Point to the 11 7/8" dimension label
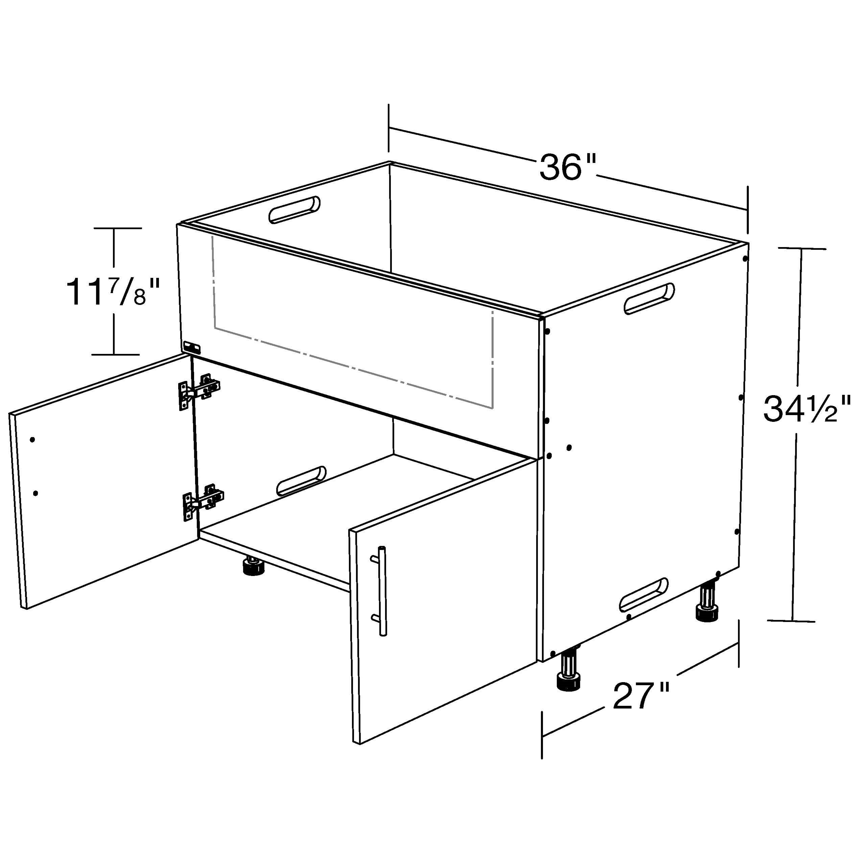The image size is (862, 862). tap(112, 292)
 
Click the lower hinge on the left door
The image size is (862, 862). tap(203, 501)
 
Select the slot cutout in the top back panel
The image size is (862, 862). tap(294, 209)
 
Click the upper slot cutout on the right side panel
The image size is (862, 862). tap(649, 298)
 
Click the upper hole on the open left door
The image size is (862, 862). tap(32, 439)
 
